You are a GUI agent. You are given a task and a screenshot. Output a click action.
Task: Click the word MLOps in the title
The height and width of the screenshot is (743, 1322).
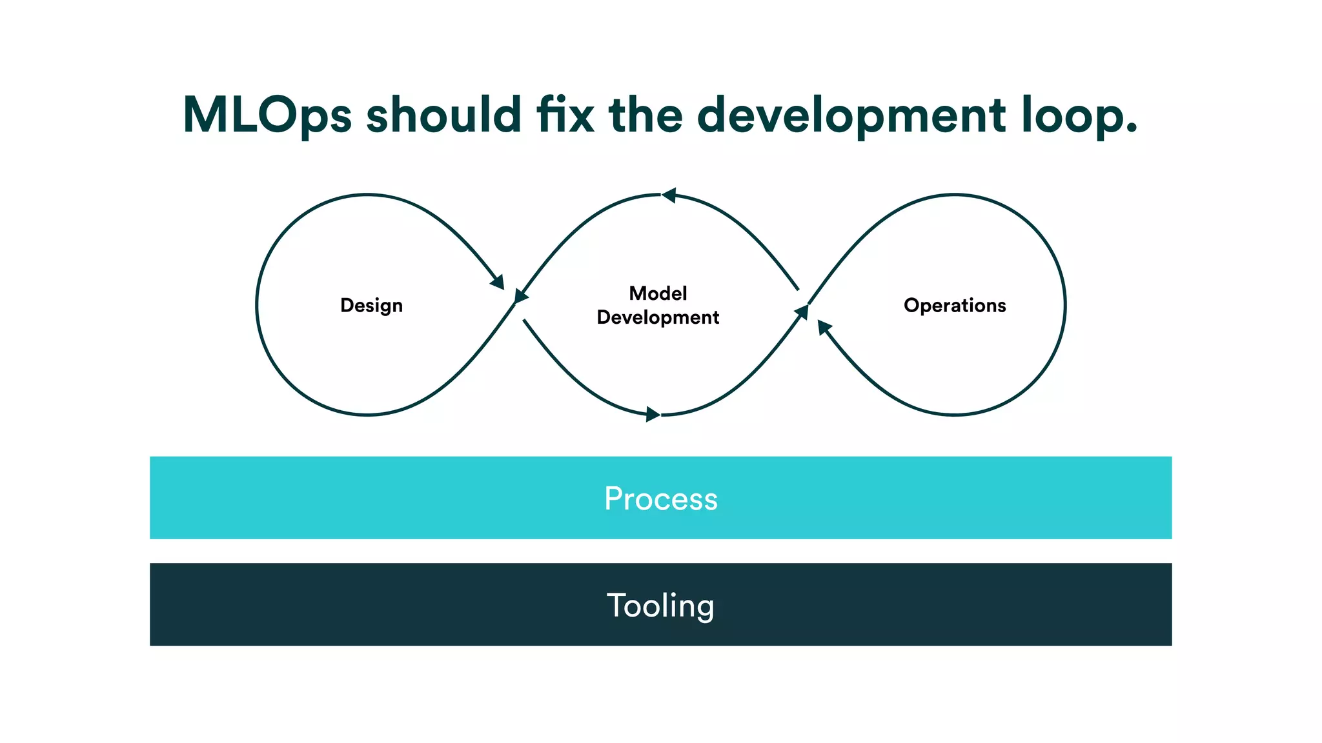pos(267,116)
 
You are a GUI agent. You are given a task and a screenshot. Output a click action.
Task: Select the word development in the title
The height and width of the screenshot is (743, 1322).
pos(851,116)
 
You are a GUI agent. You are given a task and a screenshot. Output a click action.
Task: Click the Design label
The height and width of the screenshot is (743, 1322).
pos(371,305)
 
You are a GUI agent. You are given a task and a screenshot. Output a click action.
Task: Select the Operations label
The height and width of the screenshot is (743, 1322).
pos(955,305)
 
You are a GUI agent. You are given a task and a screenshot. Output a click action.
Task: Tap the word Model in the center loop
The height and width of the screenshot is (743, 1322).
pos(658,293)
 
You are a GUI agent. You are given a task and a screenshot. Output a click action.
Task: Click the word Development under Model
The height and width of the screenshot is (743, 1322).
pos(658,317)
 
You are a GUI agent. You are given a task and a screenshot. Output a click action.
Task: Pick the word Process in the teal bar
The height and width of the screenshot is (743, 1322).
pos(660,499)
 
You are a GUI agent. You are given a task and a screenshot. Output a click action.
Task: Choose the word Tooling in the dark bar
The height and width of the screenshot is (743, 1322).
pos(660,605)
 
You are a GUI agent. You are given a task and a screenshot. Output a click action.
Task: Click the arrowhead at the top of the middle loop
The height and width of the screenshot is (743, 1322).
pos(669,195)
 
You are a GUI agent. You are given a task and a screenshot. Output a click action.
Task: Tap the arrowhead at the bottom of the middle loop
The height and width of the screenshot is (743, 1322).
pos(653,415)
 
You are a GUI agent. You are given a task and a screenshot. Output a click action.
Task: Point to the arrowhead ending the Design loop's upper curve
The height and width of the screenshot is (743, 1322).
pos(498,282)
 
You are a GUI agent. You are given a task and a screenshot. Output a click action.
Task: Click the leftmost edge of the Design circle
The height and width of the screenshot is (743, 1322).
pos(257,305)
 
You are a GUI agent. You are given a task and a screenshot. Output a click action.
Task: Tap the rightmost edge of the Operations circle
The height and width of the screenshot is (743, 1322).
pos(1064,305)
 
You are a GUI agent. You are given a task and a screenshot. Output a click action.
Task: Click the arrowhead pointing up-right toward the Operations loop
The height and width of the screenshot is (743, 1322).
pos(802,312)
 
